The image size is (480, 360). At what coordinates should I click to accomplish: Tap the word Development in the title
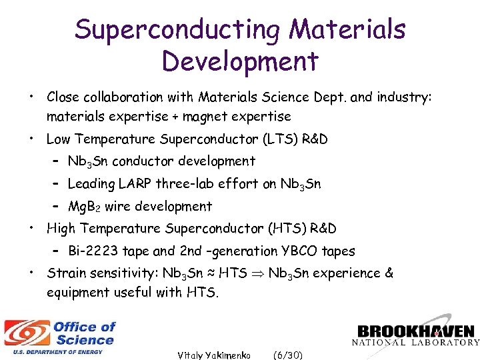point(240,61)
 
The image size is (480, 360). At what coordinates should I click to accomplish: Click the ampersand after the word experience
point(389,273)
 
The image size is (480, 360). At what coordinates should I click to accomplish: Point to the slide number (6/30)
point(288,355)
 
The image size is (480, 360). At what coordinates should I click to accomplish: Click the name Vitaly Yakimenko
point(213,355)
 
